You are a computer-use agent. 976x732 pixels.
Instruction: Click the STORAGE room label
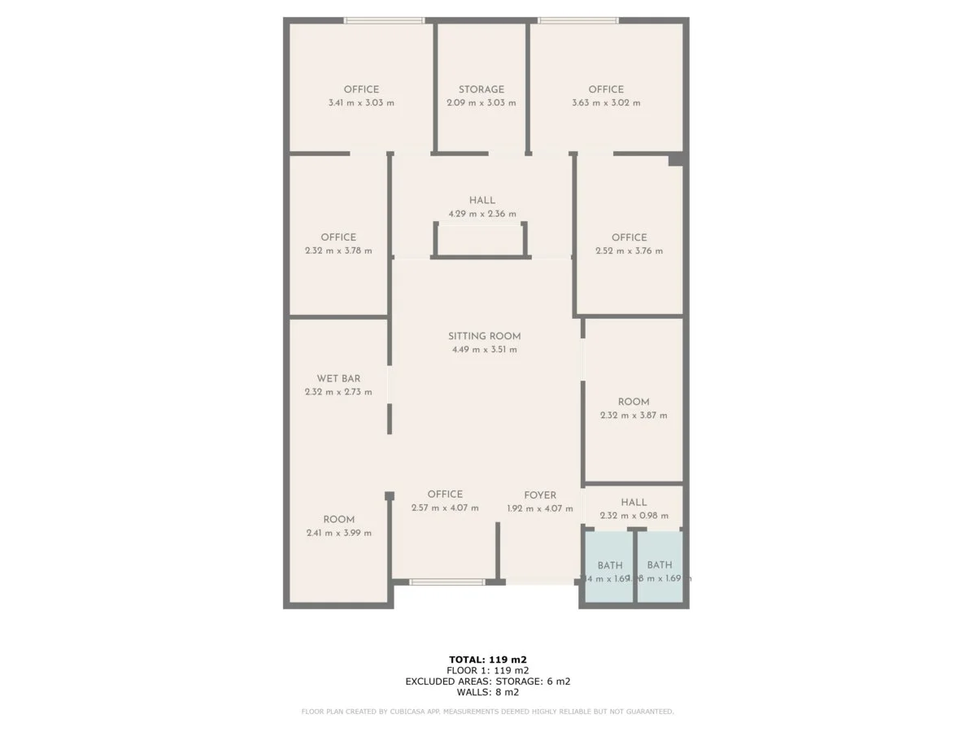(481, 89)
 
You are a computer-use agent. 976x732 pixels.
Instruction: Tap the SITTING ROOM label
(484, 336)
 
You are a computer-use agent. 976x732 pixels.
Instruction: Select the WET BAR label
(338, 378)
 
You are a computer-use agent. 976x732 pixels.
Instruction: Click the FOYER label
(540, 495)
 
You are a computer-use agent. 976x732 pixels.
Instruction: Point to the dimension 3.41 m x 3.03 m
(361, 103)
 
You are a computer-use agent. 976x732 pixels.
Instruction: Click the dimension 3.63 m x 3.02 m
(606, 103)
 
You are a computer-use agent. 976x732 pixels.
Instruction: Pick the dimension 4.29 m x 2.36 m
(481, 214)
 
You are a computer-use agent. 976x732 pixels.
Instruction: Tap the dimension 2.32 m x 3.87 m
(634, 416)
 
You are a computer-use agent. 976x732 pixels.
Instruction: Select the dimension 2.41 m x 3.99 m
(338, 534)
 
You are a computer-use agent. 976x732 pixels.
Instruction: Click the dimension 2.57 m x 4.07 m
(445, 508)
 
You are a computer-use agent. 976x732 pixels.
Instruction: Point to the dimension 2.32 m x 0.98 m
(634, 516)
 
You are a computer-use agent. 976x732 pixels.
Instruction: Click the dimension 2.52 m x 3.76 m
(629, 251)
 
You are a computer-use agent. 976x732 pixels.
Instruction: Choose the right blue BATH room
(660, 566)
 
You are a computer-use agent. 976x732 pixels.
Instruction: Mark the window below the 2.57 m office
(447, 582)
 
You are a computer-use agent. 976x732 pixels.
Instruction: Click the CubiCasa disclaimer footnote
(487, 712)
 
